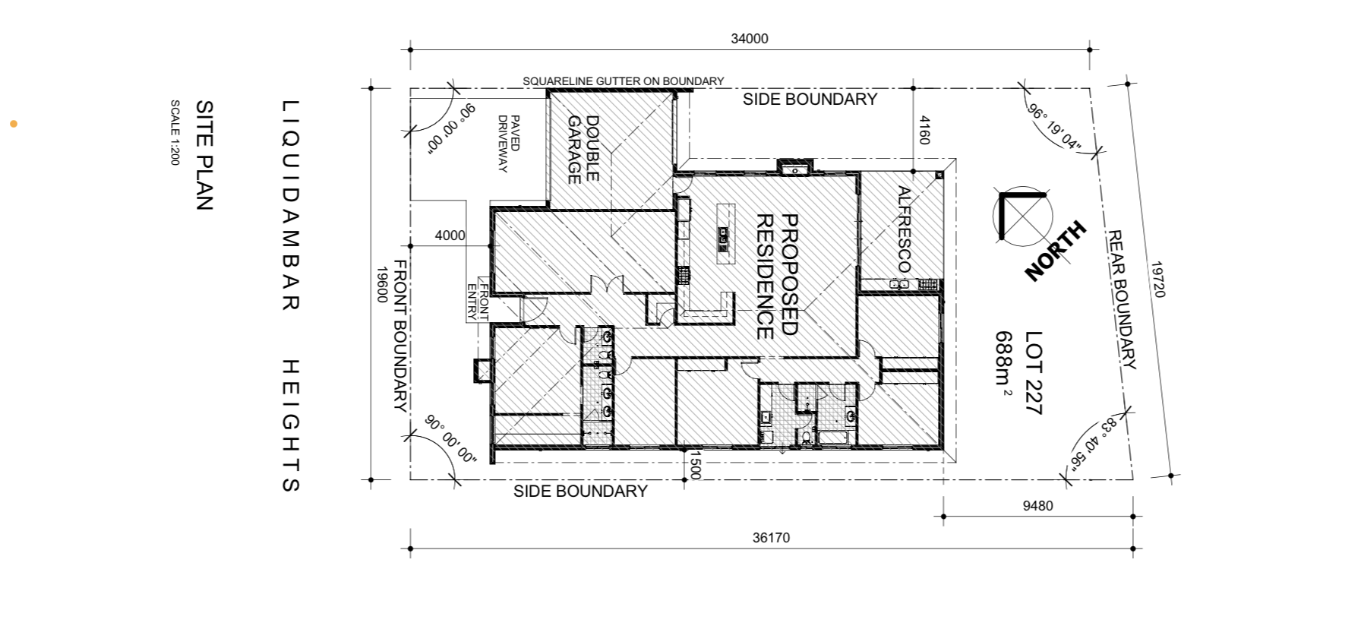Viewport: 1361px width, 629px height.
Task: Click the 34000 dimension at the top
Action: [x=750, y=39]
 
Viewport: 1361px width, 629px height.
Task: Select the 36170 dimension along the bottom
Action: [x=771, y=538]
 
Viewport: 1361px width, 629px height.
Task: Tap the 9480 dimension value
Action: [x=1037, y=506]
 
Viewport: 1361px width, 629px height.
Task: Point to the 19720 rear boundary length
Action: [x=1157, y=280]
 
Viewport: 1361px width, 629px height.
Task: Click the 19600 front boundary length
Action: [x=382, y=283]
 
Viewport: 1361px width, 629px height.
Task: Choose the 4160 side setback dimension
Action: [x=924, y=130]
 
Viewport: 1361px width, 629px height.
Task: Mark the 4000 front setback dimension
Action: [x=450, y=235]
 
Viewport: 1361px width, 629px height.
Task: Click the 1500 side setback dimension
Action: [x=694, y=464]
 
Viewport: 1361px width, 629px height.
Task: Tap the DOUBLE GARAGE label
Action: [x=583, y=150]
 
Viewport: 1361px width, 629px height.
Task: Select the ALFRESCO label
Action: [x=904, y=229]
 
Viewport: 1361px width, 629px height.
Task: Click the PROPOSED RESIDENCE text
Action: [x=777, y=276]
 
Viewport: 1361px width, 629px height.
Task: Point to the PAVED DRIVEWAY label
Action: [x=509, y=144]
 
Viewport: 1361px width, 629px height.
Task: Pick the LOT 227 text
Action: [x=1034, y=372]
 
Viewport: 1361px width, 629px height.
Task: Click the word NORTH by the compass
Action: [x=1056, y=251]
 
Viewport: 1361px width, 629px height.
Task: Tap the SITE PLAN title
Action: [x=205, y=155]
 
